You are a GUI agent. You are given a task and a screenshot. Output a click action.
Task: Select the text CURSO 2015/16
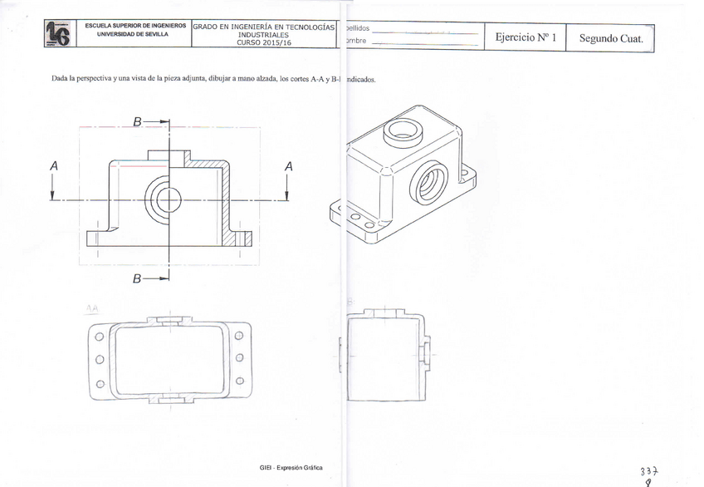264,42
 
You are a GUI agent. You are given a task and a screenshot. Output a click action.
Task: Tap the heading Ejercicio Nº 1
524,37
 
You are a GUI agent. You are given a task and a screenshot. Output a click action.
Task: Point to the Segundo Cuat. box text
611,37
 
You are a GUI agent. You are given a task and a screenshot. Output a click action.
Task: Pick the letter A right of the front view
288,166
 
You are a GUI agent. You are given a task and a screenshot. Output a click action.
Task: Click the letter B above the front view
137,121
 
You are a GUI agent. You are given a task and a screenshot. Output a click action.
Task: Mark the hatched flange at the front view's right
242,239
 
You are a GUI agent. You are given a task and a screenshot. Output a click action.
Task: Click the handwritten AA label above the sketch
91,307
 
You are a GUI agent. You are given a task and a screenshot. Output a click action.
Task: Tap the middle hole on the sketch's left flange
99,360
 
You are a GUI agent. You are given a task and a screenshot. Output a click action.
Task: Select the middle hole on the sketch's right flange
239,358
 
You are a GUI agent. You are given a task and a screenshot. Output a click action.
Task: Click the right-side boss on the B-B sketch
426,352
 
